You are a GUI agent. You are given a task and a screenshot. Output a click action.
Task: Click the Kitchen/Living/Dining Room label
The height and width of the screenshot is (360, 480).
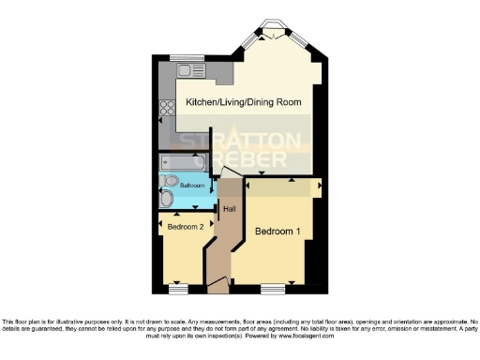tap(247, 100)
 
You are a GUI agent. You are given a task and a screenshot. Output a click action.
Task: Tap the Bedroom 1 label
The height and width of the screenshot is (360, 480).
tap(277, 232)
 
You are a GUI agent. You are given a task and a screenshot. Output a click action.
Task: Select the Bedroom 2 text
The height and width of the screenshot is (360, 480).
tap(186, 226)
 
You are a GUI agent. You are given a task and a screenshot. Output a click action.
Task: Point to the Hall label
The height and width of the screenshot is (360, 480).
tap(228, 207)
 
